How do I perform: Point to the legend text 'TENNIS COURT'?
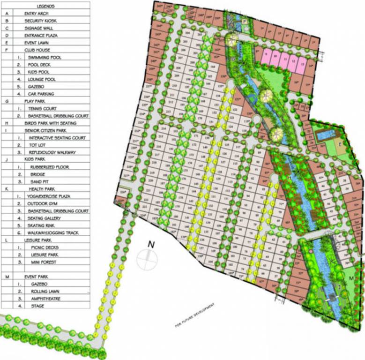click(x=44, y=108)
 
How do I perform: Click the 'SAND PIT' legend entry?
click(x=40, y=181)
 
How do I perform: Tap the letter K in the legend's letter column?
click(x=7, y=189)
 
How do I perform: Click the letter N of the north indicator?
click(x=151, y=244)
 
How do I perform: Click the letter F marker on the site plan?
click(x=245, y=21)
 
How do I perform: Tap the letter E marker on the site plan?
click(x=340, y=144)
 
